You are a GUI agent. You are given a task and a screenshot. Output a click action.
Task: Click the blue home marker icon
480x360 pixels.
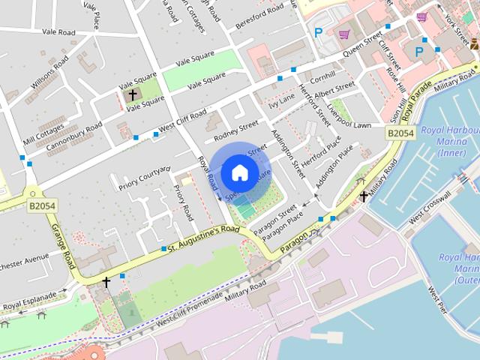coord(238,172)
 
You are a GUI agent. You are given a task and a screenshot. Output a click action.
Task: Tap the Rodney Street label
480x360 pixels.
coord(235,130)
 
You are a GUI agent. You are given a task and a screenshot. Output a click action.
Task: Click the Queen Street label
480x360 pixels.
coord(362,46)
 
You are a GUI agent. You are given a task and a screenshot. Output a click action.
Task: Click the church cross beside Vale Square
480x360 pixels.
coord(133,95)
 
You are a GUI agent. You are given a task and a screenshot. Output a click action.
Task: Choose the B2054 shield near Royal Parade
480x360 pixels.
coord(400,133)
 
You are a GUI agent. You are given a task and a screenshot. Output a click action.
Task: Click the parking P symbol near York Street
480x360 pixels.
coord(419,52)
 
